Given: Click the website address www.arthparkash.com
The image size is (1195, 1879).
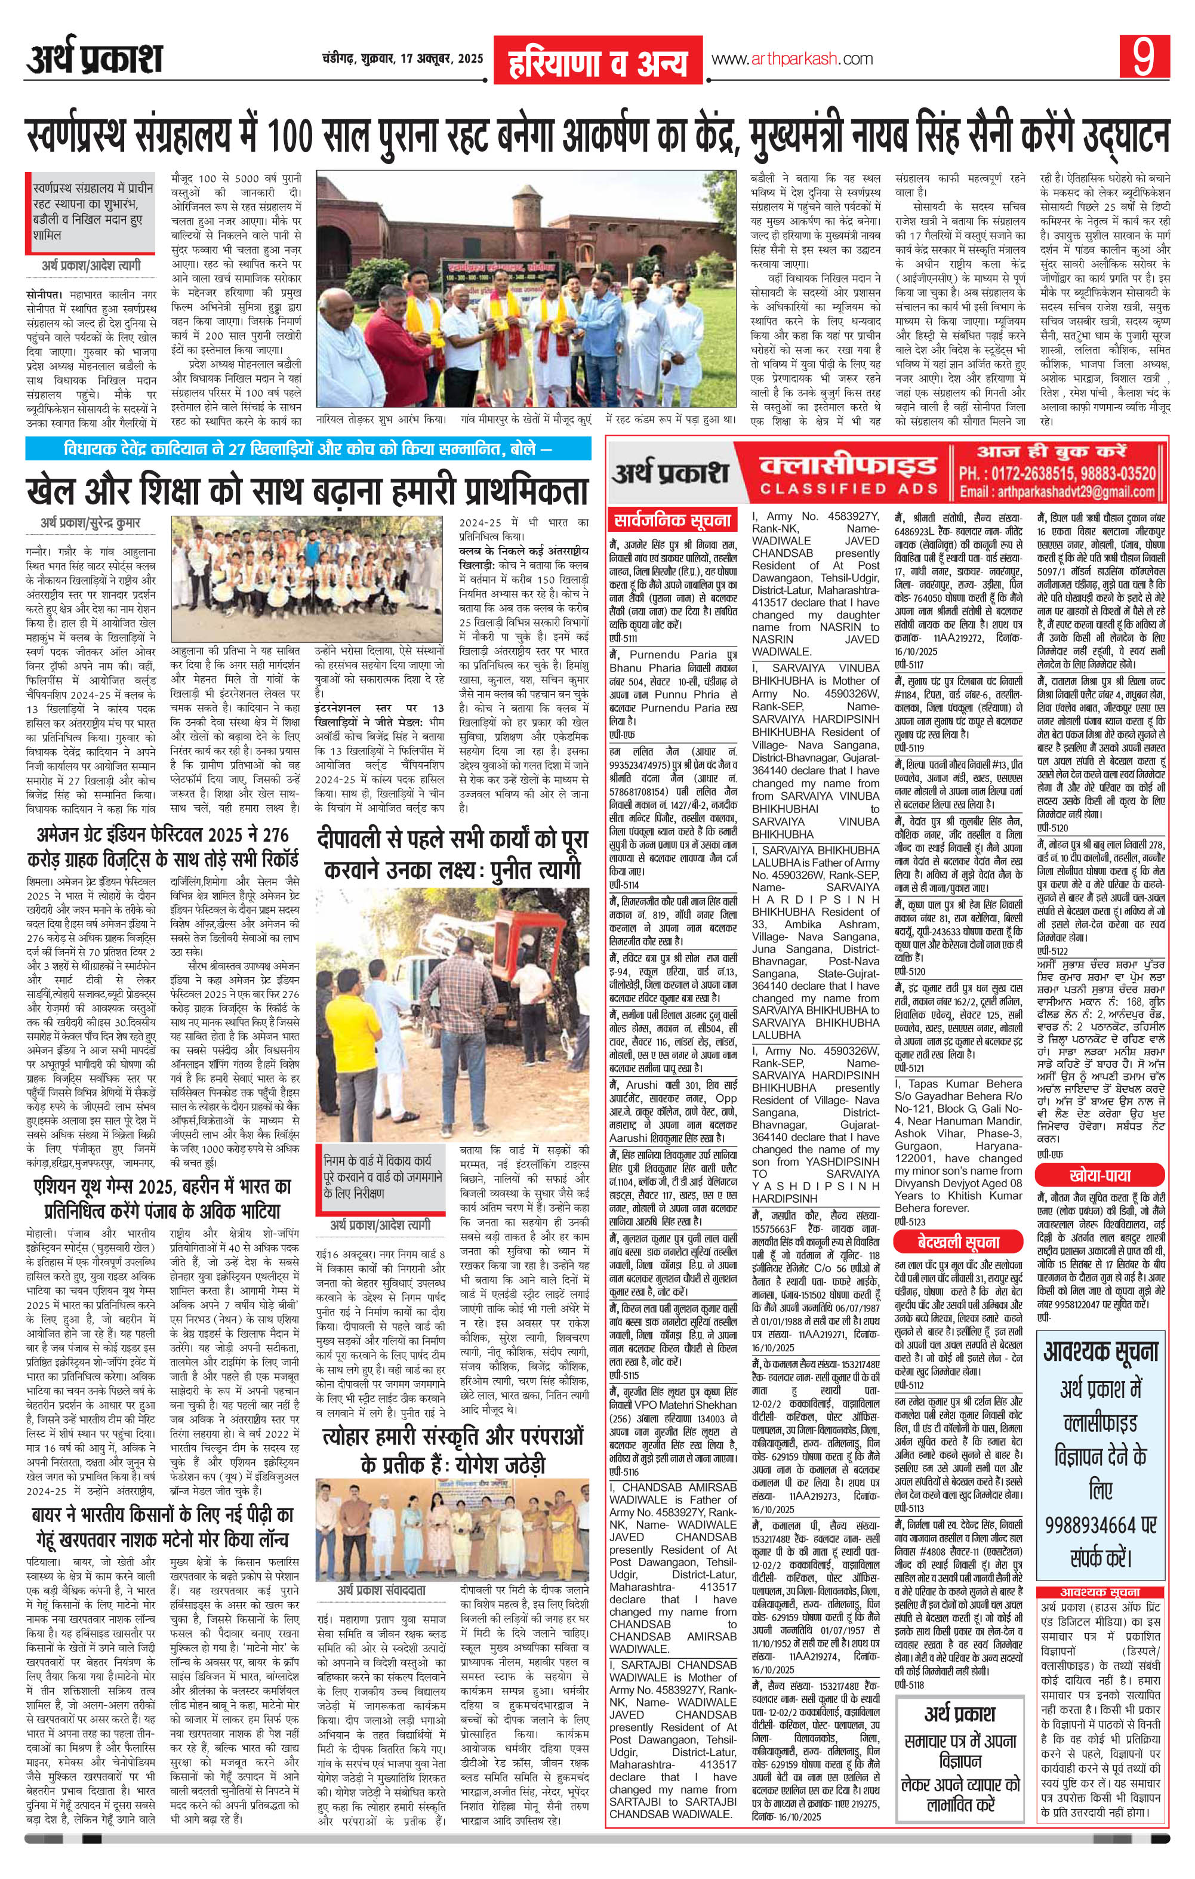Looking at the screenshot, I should pyautogui.click(x=791, y=58).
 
